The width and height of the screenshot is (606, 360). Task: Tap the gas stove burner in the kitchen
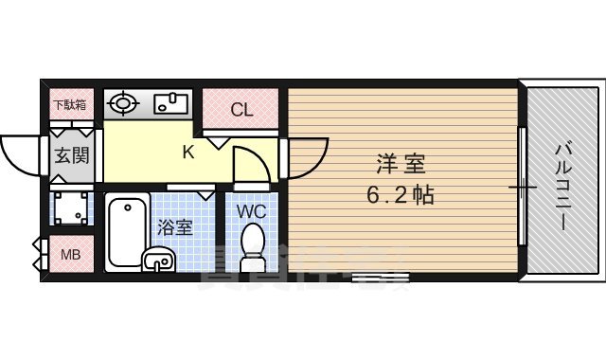[x=121, y=104]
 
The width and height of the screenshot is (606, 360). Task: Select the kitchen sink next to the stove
[x=169, y=103]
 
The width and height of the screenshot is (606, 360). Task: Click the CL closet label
[x=242, y=110]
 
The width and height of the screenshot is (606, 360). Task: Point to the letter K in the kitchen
[x=188, y=151]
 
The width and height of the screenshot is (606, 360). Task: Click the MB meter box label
[x=70, y=254]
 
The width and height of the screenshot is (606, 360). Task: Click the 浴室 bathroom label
[x=174, y=227]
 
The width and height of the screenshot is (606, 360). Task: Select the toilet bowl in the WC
[x=253, y=245]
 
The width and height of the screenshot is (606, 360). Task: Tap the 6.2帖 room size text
[x=401, y=195]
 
